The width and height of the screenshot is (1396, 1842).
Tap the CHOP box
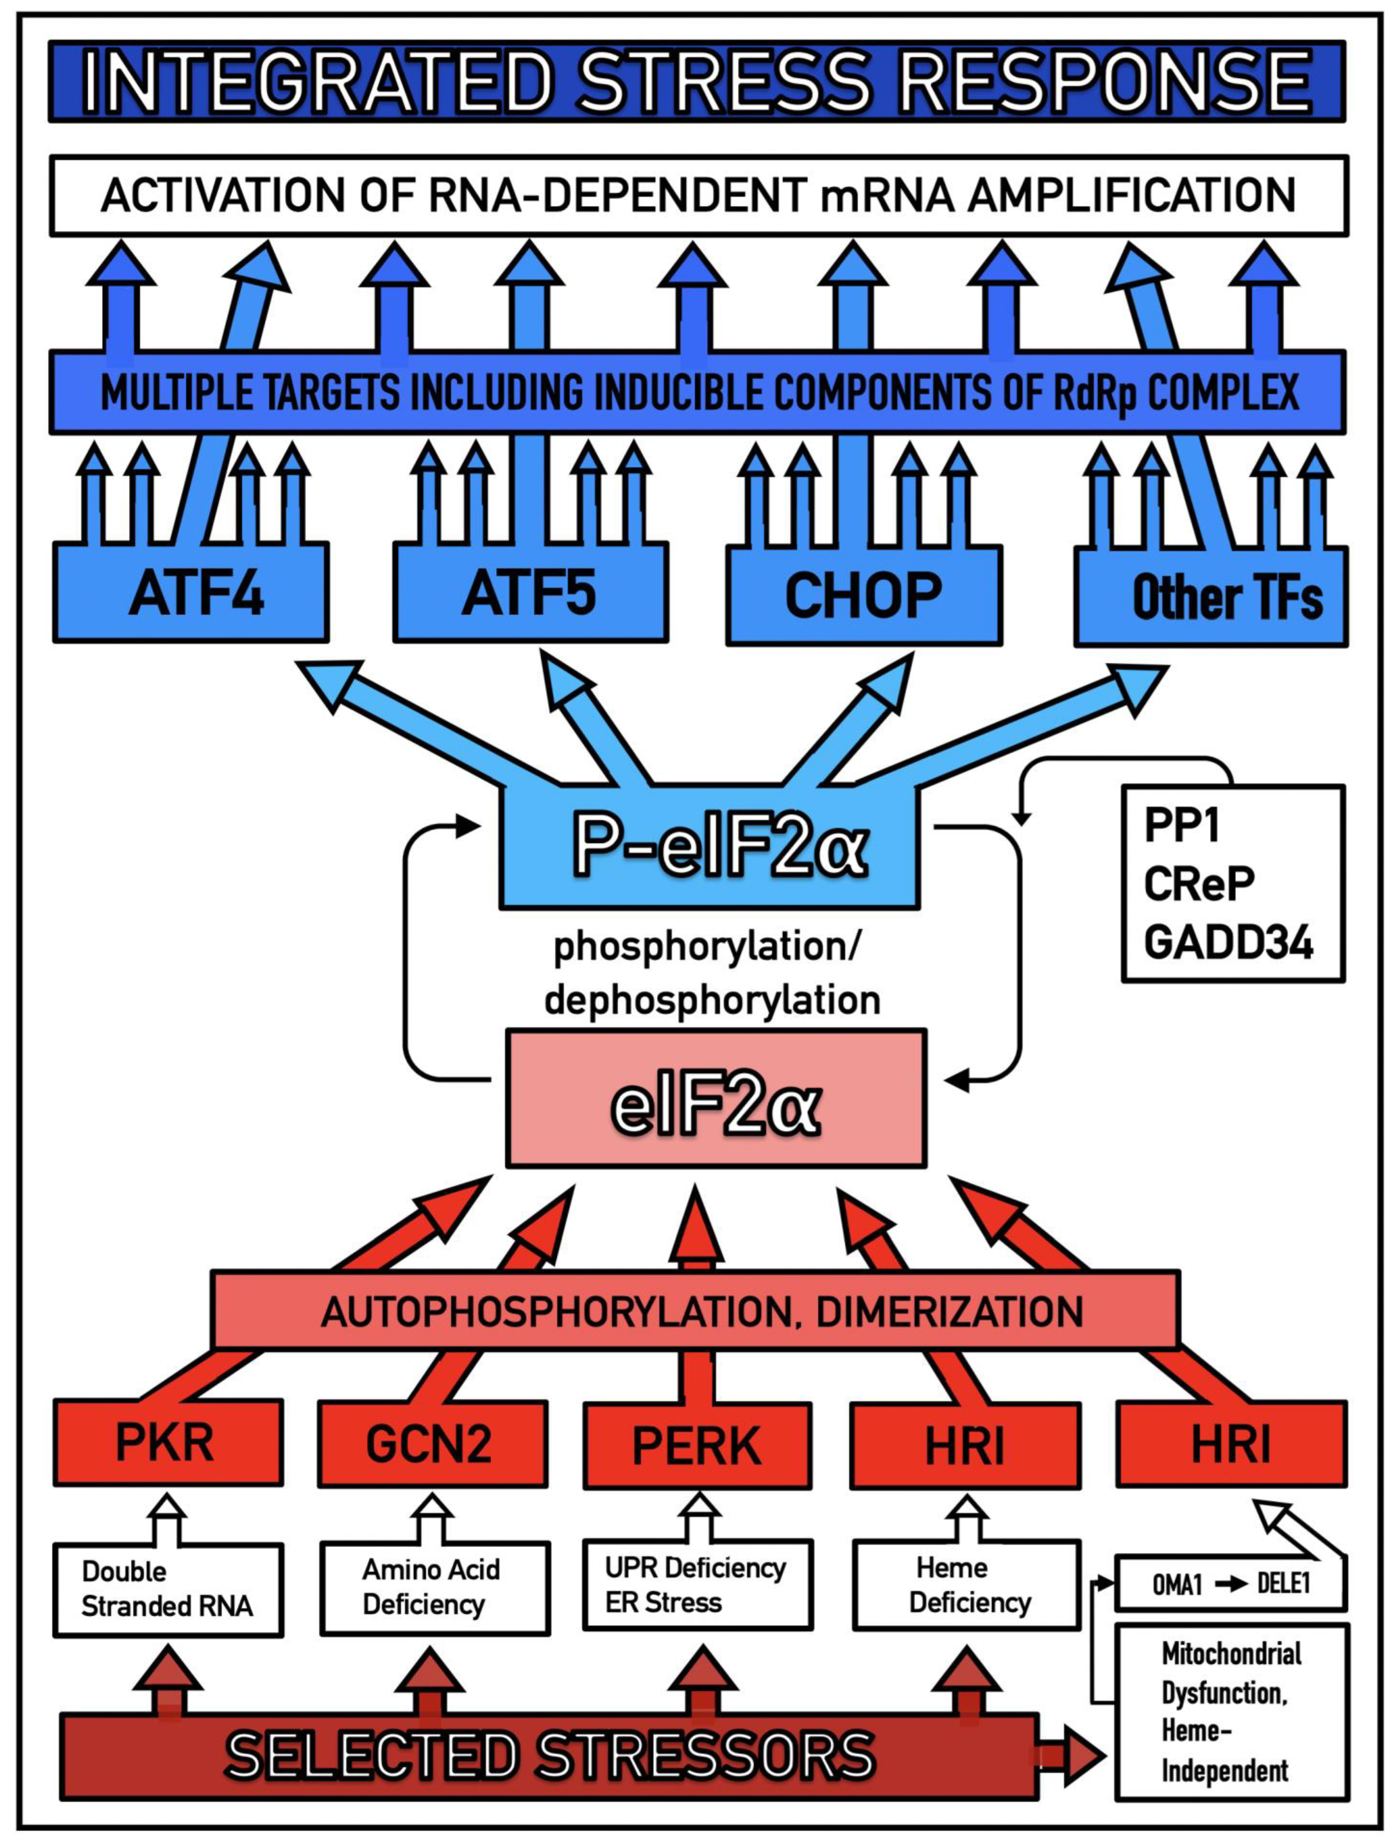[x=864, y=595]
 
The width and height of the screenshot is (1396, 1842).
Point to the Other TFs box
[x=1210, y=596]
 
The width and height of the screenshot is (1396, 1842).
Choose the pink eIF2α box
[x=716, y=1099]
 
